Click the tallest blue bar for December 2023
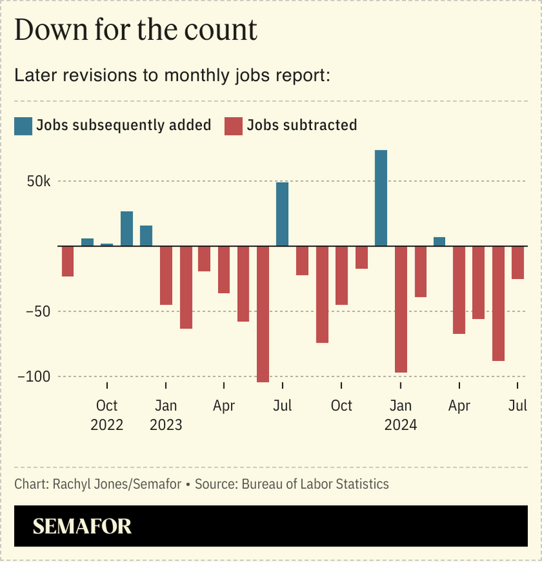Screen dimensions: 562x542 coord(381,198)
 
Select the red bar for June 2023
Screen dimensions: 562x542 coord(263,314)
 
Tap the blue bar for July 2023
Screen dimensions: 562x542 coord(283,214)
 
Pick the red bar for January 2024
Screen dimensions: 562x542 coord(400,309)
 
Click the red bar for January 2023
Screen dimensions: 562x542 coord(166,275)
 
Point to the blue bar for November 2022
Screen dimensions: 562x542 coord(127,229)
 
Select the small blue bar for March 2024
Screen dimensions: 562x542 coord(440,242)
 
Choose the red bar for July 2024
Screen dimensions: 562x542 coord(518,262)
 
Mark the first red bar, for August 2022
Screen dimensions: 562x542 coord(68,261)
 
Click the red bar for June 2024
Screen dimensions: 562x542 coord(499,303)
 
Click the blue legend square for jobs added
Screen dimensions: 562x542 coord(23,125)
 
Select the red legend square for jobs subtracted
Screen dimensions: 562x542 coord(233,125)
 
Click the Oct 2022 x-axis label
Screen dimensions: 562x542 coord(107,415)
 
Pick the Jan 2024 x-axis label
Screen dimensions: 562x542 coord(400,415)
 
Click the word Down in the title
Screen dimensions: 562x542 coord(47,30)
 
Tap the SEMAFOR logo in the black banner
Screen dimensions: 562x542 coord(82,526)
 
